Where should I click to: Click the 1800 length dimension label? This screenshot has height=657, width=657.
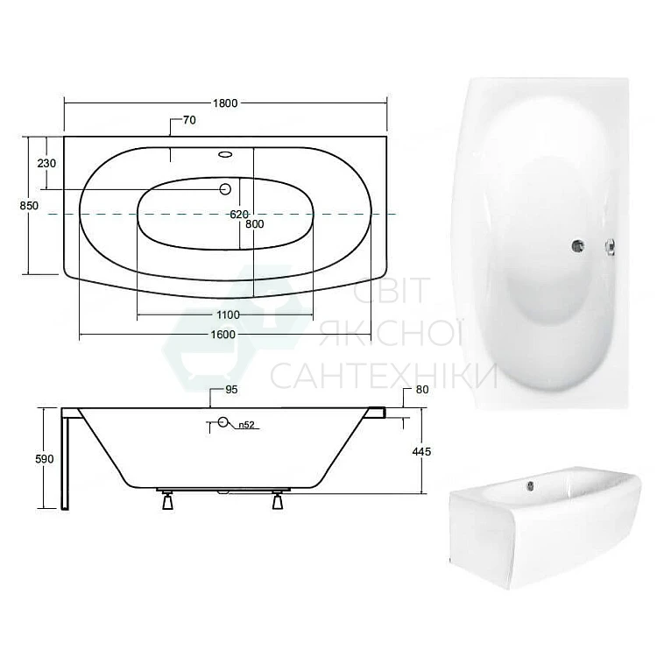[225, 103]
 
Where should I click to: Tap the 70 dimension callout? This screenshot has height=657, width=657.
[189, 120]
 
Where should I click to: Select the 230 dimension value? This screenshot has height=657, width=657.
[46, 163]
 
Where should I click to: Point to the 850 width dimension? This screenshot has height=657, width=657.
[29, 205]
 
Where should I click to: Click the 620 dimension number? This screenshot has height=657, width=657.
[239, 214]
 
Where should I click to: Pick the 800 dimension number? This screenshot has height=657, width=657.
[255, 224]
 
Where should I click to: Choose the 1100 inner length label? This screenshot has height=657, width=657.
[228, 314]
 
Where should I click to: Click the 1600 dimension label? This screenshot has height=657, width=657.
[223, 335]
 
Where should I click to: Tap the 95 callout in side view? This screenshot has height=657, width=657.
[231, 390]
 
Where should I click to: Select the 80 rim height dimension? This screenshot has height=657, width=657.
[422, 390]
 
